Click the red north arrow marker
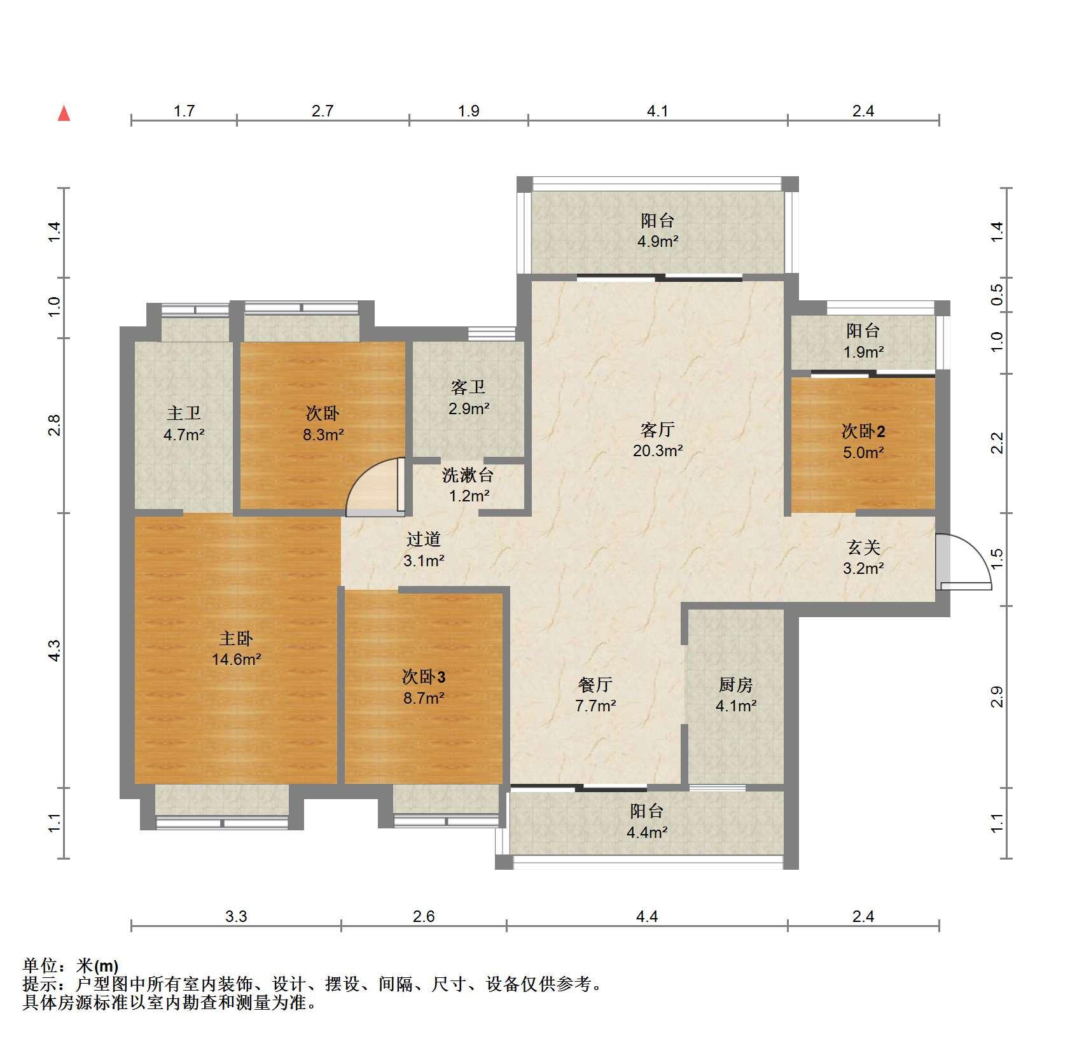coord(64,113)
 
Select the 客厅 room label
coord(657,430)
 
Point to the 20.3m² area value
coord(658,451)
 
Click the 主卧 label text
coord(236,638)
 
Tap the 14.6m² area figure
coord(237,659)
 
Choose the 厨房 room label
coord(736,685)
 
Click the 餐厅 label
coord(595,685)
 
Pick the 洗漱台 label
coord(468,475)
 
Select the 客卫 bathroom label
coord(468,387)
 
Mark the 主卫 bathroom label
coord(184,414)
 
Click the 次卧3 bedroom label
coord(424,677)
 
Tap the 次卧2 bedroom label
coord(863,431)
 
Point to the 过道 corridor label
coord(424,540)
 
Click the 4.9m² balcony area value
coord(658,242)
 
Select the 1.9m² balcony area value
coord(863,352)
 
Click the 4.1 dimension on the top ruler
coord(658,111)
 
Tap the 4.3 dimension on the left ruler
coord(55,650)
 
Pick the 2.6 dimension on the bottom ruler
coord(424,916)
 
